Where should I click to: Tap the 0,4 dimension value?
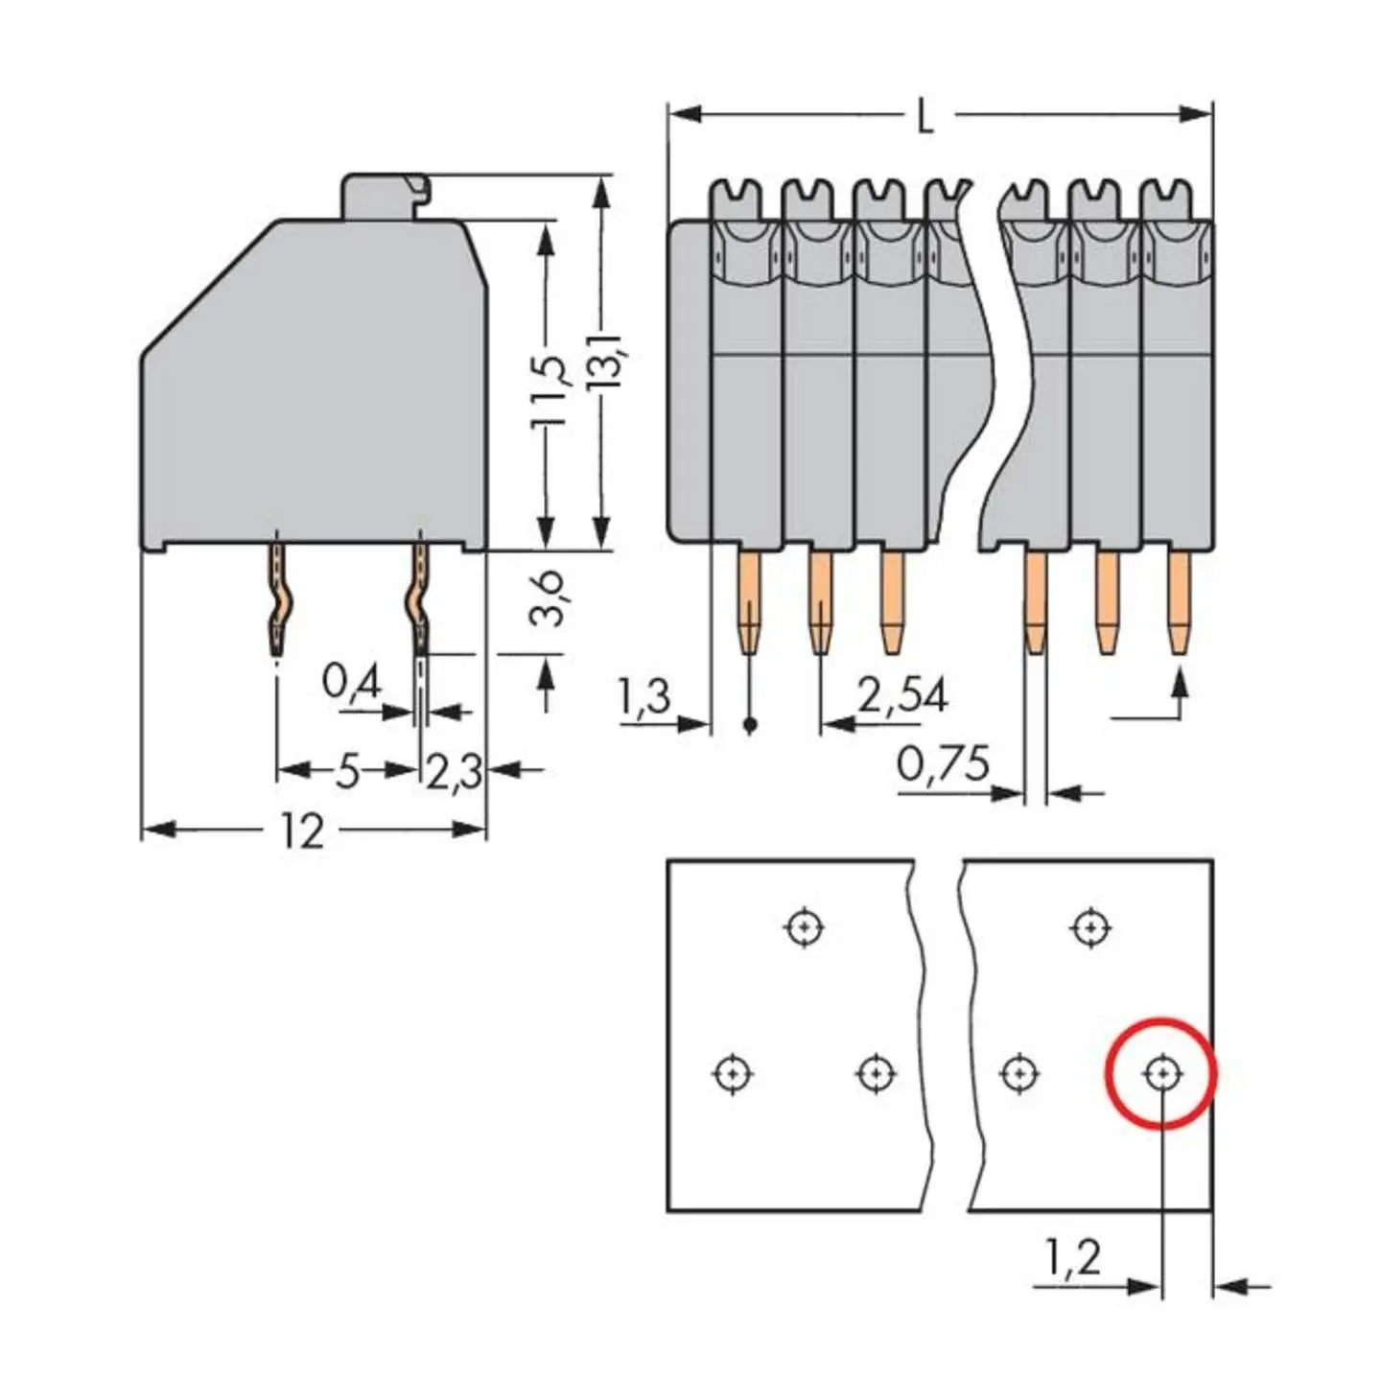click(x=352, y=683)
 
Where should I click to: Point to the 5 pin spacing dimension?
click(x=347, y=771)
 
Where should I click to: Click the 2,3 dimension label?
click(x=454, y=773)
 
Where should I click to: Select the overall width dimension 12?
click(x=302, y=831)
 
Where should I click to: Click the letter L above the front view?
click(x=925, y=118)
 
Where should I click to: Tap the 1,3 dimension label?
click(x=644, y=698)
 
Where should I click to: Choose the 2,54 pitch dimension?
click(x=901, y=696)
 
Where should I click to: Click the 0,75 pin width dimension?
click(x=943, y=765)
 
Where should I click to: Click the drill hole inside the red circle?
click(x=1162, y=1072)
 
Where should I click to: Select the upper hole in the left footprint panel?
click(x=804, y=927)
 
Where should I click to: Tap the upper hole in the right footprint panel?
click(x=1090, y=927)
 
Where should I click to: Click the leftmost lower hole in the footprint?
click(x=733, y=1072)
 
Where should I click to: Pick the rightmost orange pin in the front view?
click(x=1179, y=602)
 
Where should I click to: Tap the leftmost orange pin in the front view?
click(x=750, y=602)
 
